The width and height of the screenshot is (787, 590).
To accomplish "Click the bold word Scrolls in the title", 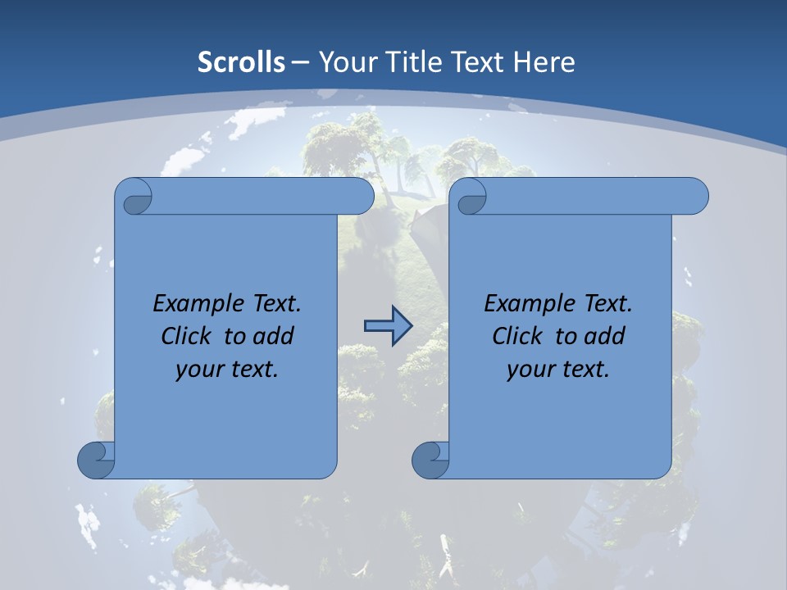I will (x=242, y=62).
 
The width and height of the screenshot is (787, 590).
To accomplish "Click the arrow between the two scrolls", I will (x=388, y=326).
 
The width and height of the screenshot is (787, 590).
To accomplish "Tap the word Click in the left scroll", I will (x=189, y=336).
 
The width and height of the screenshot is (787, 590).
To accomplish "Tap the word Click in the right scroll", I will (x=521, y=336).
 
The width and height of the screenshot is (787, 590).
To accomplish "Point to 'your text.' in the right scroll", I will (x=558, y=370).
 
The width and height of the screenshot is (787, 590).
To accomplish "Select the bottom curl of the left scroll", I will (x=96, y=460).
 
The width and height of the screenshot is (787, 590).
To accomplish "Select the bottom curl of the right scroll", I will (x=430, y=460).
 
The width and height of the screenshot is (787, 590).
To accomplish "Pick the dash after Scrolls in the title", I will (x=300, y=62).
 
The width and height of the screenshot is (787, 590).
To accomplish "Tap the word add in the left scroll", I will (x=272, y=336).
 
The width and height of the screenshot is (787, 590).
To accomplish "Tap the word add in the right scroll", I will (x=603, y=336).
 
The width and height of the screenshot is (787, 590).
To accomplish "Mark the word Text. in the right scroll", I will (x=607, y=303).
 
